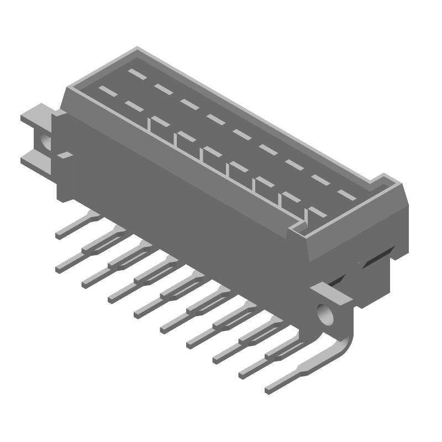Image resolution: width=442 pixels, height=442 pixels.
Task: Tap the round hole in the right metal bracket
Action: pos(326,315)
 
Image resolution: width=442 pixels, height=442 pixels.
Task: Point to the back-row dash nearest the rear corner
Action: pos(135,72)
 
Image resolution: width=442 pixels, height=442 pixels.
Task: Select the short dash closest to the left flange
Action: pos(106,90)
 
